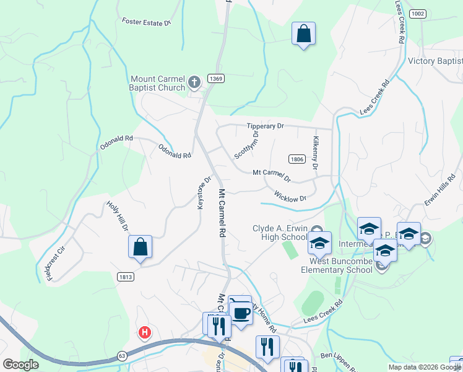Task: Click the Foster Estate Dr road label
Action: tap(146, 23)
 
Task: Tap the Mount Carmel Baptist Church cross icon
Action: tap(194, 81)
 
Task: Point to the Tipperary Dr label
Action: tap(265, 126)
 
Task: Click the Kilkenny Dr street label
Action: tap(315, 154)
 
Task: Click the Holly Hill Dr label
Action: tap(117, 216)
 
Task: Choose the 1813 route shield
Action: tap(124, 277)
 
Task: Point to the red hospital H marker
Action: tap(145, 333)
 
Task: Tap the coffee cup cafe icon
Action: tap(241, 312)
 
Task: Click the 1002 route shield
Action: tap(418, 14)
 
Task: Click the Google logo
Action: tap(21, 365)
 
